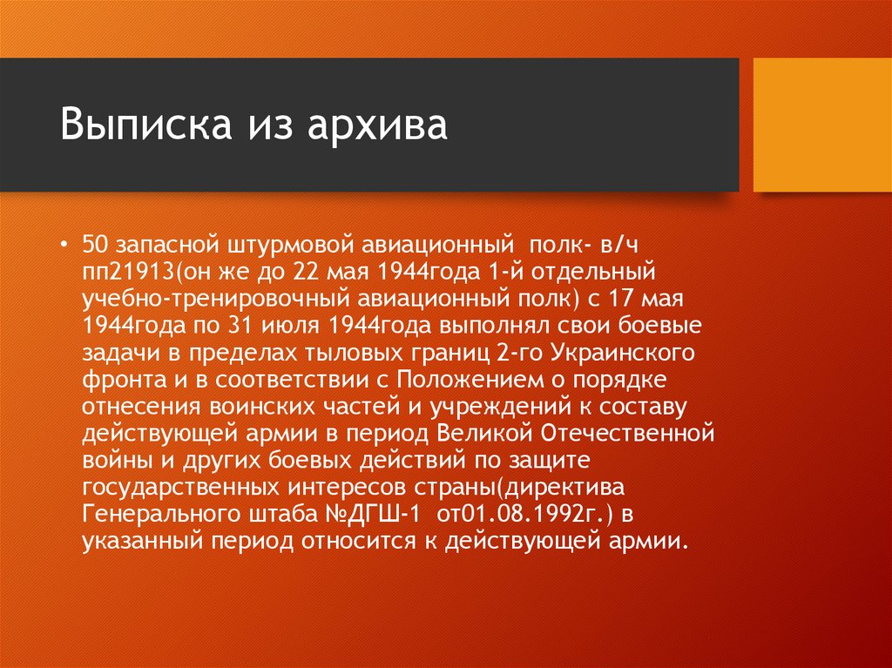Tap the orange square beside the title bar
[821, 125]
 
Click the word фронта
[116, 381]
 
